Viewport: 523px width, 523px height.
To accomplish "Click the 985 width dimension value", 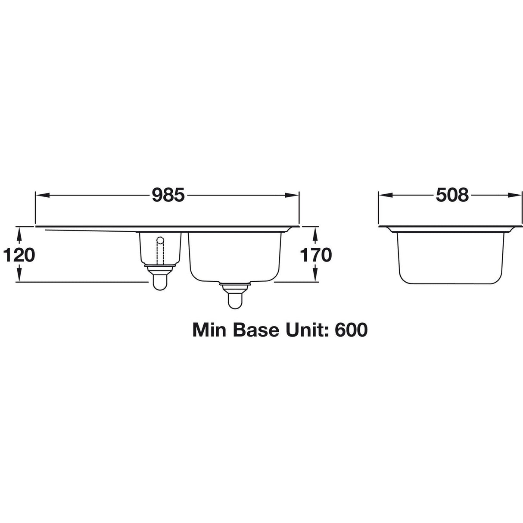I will (x=168, y=195).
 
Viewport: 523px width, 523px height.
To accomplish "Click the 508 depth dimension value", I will (x=452, y=195).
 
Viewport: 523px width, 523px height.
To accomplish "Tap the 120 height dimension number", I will (x=19, y=255).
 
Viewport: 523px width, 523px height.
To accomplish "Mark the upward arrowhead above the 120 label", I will (x=19, y=234).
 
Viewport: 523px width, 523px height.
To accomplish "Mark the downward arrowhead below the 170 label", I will (x=316, y=277).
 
